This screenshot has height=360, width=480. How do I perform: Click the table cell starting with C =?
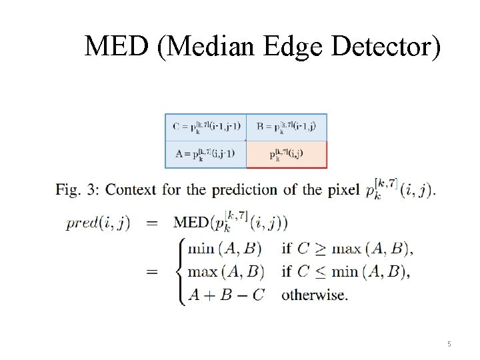click(206, 127)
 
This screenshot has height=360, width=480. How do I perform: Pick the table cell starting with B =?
click(287, 127)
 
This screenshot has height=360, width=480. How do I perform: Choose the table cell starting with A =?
click(206, 154)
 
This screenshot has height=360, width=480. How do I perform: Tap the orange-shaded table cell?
click(287, 154)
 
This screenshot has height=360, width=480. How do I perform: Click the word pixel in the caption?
click(343, 190)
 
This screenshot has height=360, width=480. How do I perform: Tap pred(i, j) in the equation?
click(98, 223)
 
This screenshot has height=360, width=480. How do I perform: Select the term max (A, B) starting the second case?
click(226, 272)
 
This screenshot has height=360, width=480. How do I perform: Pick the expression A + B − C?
click(226, 294)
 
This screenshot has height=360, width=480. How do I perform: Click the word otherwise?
click(314, 294)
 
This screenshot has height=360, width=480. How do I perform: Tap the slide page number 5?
click(449, 344)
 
